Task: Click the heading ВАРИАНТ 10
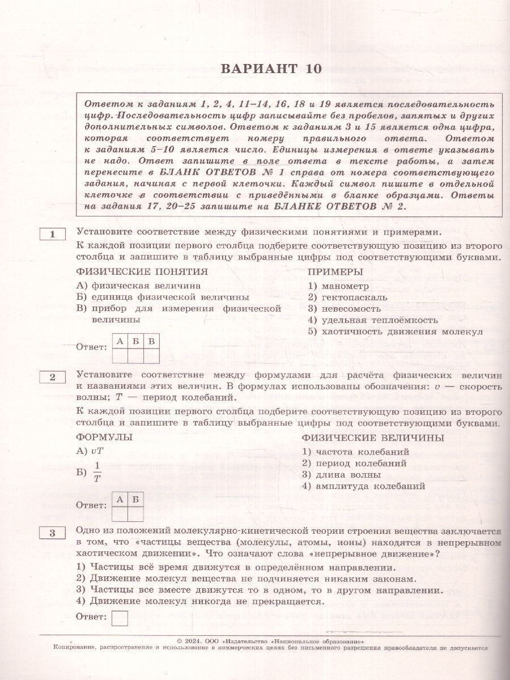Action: pos(270,69)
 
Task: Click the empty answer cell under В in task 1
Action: pos(151,355)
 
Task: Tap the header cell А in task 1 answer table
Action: pos(120,341)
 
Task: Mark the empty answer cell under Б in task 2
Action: pos(135,513)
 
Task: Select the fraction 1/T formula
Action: pos(97,471)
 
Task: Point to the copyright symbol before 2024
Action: pos(180,640)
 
